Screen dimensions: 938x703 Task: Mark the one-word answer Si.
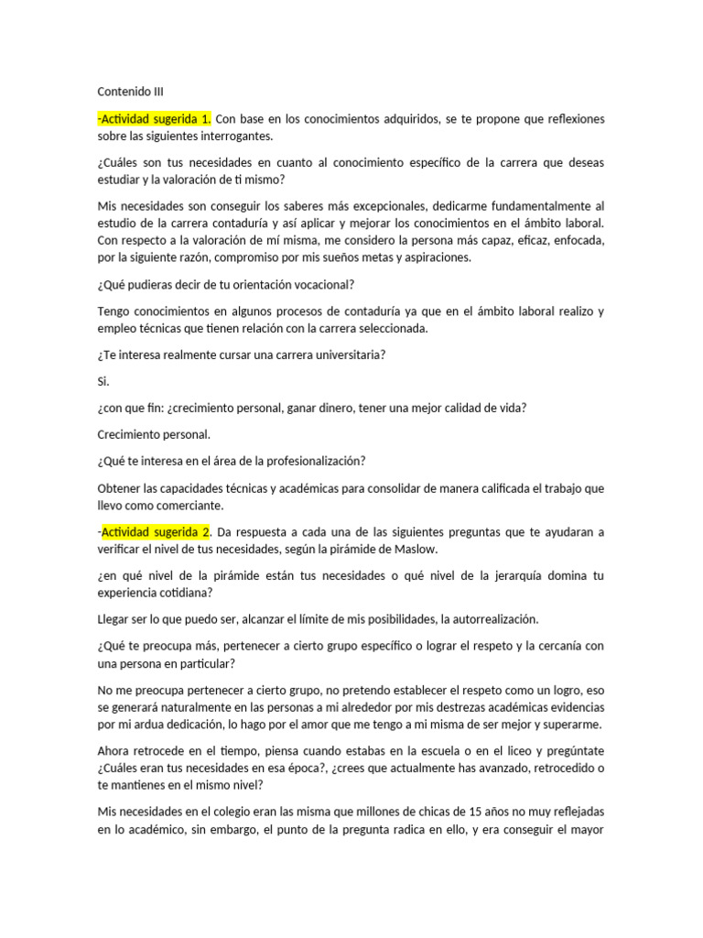[x=103, y=381]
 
